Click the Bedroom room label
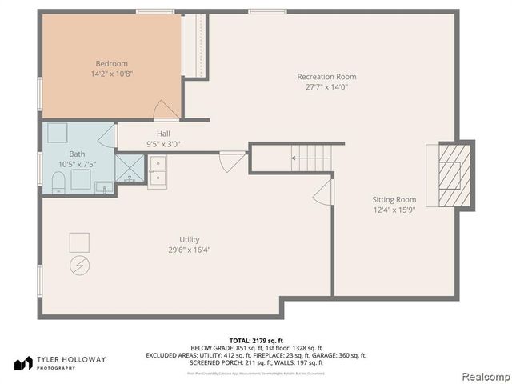pyautogui.click(x=111, y=63)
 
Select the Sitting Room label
pyautogui.click(x=394, y=199)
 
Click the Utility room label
pyautogui.click(x=189, y=239)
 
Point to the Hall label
pyautogui.click(x=163, y=134)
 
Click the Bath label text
pyautogui.click(x=77, y=154)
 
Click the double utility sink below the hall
pyautogui.click(x=158, y=171)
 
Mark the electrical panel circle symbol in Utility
pyautogui.click(x=79, y=264)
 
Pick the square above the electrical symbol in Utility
pyautogui.click(x=79, y=241)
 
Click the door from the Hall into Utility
pyautogui.click(x=233, y=161)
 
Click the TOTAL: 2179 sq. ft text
pyautogui.click(x=255, y=340)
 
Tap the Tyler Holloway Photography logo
pyautogui.click(x=59, y=362)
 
